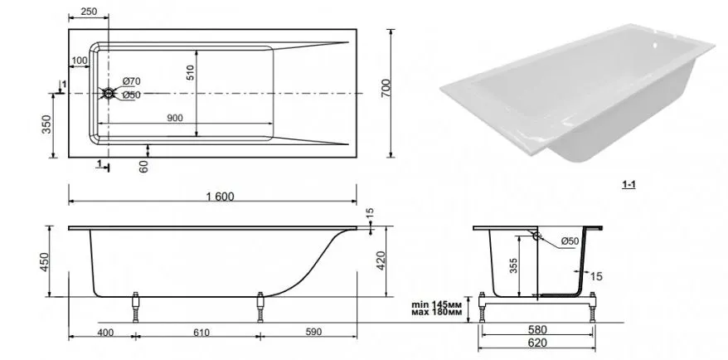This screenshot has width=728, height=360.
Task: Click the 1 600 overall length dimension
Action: click(220, 197)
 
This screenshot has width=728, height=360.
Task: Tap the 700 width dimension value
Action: click(386, 88)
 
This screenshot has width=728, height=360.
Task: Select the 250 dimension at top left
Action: click(89, 12)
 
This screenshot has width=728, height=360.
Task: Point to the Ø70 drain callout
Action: click(131, 81)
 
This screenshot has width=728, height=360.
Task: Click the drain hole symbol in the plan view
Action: click(108, 94)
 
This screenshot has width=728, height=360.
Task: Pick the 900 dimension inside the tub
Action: click(175, 118)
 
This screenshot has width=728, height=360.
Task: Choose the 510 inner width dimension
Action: click(191, 73)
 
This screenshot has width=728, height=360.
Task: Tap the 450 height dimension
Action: click(45, 262)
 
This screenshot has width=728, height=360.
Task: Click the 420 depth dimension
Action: click(381, 261)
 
